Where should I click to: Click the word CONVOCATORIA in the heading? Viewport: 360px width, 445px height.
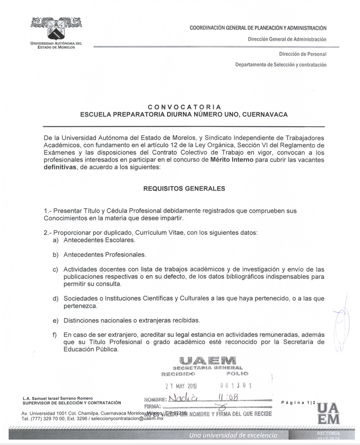[184, 107]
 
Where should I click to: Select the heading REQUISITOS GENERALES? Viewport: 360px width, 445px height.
[184, 189]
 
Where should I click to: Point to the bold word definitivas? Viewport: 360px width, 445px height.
[60, 167]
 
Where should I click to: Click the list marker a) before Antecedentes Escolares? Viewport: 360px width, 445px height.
[56, 240]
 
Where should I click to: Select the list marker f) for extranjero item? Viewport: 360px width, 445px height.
[55, 335]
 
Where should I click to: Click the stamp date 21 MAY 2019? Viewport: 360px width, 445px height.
[181, 386]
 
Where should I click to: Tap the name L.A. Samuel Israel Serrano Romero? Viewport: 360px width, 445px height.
[58, 399]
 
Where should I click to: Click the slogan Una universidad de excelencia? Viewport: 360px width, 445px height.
[233, 436]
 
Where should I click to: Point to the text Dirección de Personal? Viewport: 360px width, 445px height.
[302, 54]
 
